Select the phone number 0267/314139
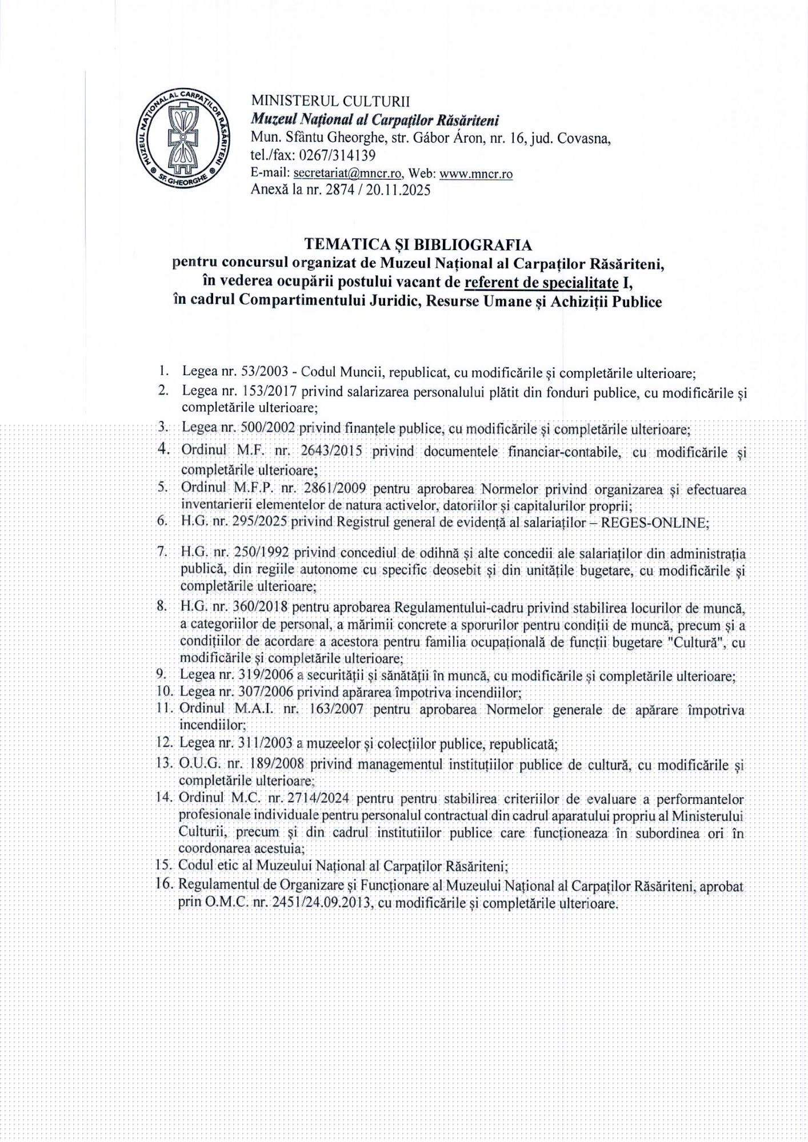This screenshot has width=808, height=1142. coord(342,155)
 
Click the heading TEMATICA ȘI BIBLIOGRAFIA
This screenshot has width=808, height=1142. coord(418,244)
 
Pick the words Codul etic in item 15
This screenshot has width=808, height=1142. coord(207,865)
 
